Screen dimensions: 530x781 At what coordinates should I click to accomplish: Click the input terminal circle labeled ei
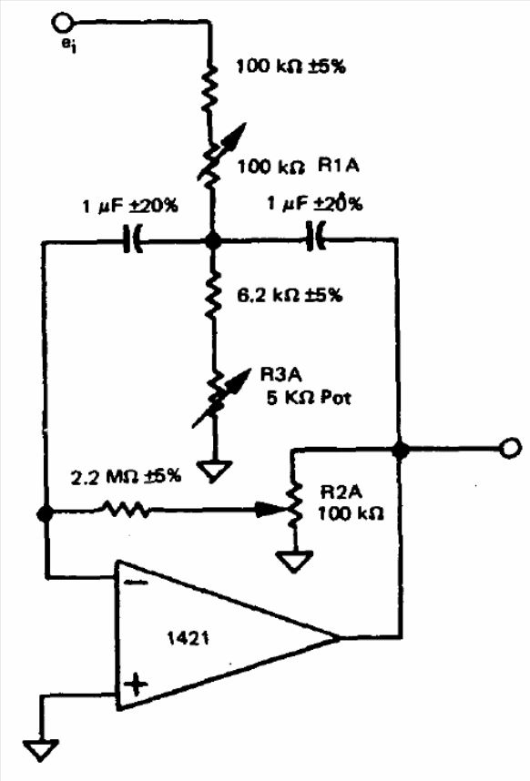point(63,23)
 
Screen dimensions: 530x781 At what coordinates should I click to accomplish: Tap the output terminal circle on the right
point(510,447)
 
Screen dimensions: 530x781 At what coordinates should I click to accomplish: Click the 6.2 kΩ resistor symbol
point(213,295)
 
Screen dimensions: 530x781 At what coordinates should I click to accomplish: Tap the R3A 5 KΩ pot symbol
point(219,398)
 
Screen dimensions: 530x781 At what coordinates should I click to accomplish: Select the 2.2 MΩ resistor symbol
point(126,509)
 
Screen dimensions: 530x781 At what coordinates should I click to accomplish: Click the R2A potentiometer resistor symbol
point(294,502)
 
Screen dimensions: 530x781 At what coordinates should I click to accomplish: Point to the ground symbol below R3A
point(214,471)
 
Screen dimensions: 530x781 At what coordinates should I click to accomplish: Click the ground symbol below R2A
point(294,562)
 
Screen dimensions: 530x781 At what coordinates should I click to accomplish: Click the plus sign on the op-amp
point(135,685)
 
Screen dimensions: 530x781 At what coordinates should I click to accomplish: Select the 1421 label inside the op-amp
point(188,638)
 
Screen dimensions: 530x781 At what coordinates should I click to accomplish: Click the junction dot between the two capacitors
point(213,241)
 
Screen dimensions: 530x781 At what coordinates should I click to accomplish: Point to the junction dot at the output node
point(400,450)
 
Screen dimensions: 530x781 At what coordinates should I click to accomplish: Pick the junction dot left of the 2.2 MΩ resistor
point(45,513)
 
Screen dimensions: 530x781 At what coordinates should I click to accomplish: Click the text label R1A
point(338,165)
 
